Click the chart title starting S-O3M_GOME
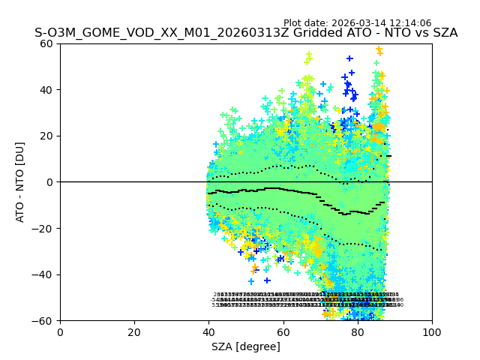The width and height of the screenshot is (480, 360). click(x=246, y=34)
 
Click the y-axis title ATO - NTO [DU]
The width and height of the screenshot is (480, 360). click(x=21, y=182)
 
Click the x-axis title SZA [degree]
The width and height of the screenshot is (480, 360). click(x=246, y=346)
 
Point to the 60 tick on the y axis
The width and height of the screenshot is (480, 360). click(x=47, y=43)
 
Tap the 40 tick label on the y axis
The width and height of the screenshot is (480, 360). click(x=47, y=90)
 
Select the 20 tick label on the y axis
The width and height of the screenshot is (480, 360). click(x=47, y=136)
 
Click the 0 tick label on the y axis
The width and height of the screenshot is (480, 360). click(x=50, y=182)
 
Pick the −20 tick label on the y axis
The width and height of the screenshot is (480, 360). click(x=44, y=229)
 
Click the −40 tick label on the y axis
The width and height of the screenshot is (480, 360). click(x=44, y=274)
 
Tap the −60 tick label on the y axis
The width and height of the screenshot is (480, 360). click(x=44, y=321)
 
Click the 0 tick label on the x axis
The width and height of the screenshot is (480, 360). click(x=60, y=332)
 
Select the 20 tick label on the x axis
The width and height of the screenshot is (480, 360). click(x=134, y=332)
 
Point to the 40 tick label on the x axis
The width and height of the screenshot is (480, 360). click(x=208, y=332)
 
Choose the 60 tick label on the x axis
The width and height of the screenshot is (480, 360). click(x=283, y=332)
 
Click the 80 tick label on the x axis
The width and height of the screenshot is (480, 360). click(x=358, y=332)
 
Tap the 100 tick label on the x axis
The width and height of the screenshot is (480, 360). click(x=432, y=332)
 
